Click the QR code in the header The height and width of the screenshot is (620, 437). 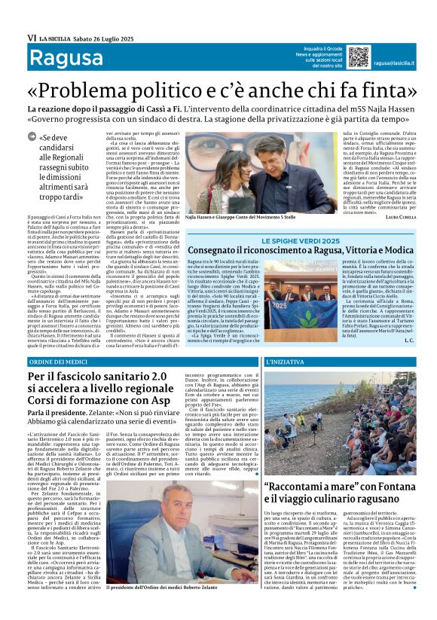point(338,57)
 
